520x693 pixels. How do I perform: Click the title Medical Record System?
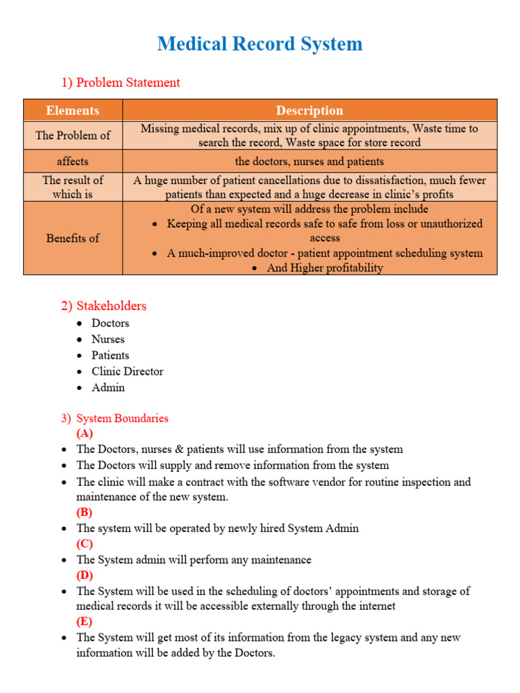(x=260, y=44)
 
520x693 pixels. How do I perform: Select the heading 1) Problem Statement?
(x=121, y=83)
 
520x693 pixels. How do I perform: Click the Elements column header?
(x=72, y=110)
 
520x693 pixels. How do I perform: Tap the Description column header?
(x=309, y=110)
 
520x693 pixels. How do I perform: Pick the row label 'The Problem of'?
(x=72, y=135)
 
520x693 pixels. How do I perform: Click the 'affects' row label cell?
(x=72, y=162)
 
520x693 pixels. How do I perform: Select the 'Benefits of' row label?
(x=72, y=238)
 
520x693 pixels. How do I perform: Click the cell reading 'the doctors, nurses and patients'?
(x=309, y=162)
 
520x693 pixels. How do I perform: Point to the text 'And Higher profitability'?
(x=324, y=268)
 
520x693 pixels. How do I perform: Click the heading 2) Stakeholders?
(x=104, y=306)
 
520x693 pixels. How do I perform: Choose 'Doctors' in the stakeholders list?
(x=110, y=323)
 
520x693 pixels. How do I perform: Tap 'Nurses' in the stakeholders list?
(x=108, y=340)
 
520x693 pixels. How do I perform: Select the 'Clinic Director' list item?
(x=127, y=372)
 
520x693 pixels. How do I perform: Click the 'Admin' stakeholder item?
(x=108, y=388)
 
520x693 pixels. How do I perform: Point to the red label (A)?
(x=85, y=434)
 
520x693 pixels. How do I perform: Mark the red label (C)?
(x=85, y=544)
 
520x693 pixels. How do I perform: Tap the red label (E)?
(x=85, y=622)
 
